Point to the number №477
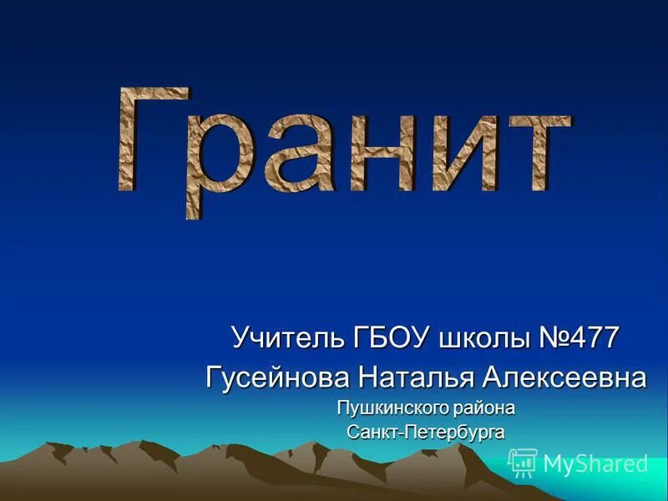[581, 338]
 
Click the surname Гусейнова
[279, 377]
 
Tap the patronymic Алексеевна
[564, 377]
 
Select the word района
[484, 408]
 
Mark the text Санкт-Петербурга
[426, 432]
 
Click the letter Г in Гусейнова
[215, 377]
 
